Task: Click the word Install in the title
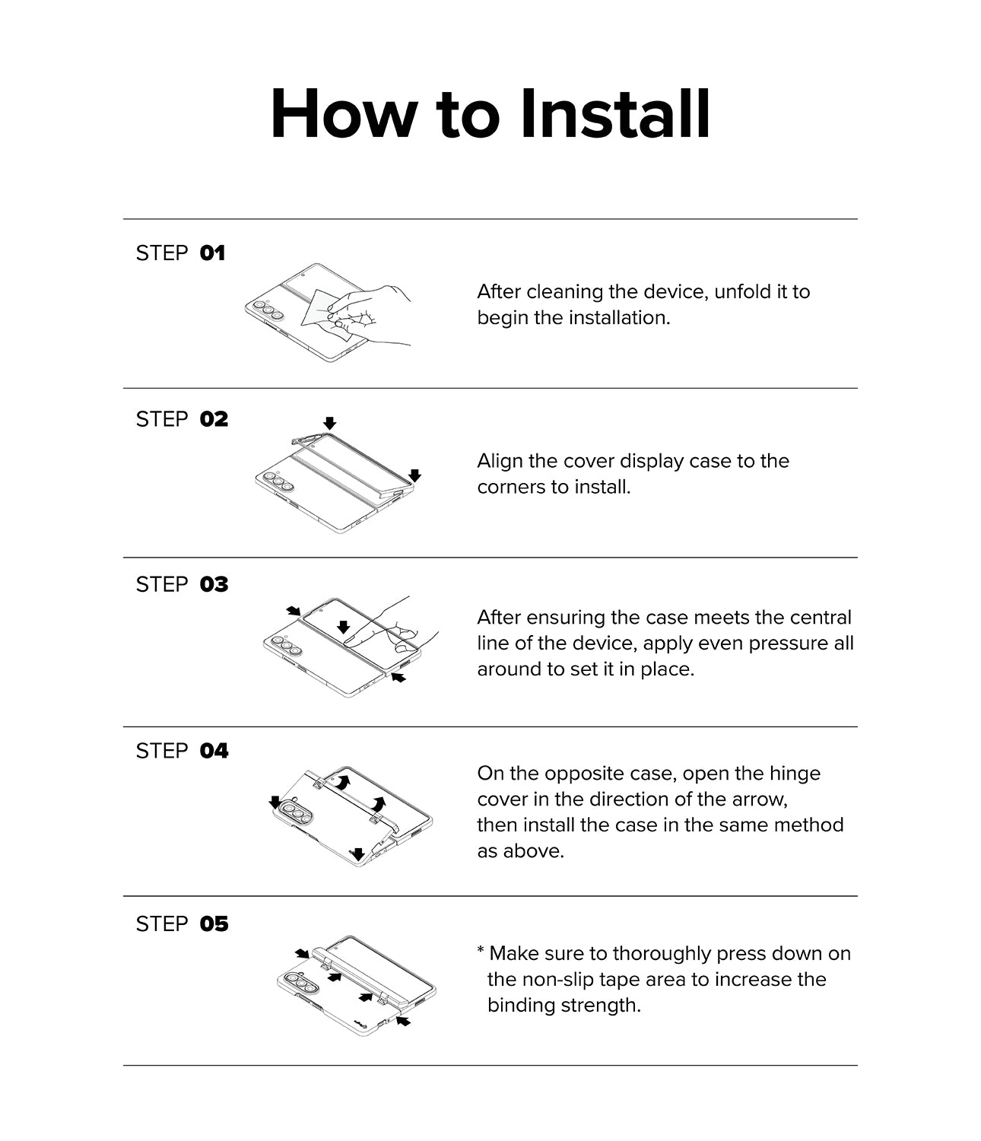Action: click(615, 114)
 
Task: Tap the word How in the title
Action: click(344, 114)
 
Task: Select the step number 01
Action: click(212, 253)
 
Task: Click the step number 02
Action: click(214, 420)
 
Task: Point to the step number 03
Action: click(214, 585)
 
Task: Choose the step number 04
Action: click(214, 751)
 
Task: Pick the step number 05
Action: click(214, 924)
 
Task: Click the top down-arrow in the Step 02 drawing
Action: click(330, 424)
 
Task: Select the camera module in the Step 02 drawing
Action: click(278, 482)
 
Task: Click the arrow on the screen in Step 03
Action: click(344, 627)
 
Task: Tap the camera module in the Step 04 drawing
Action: click(297, 813)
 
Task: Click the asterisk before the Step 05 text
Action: click(481, 950)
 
